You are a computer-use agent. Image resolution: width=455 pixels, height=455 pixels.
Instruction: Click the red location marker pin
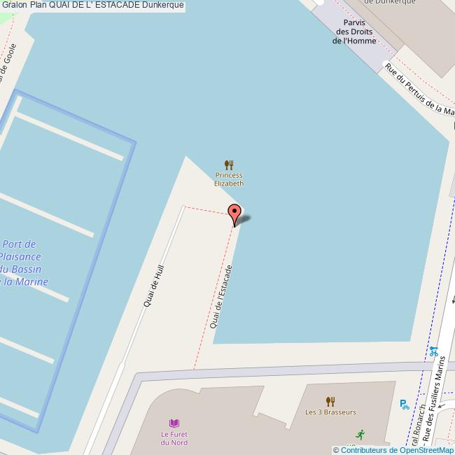tap(234, 213)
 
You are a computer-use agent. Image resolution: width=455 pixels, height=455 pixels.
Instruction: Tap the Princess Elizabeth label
tap(229, 179)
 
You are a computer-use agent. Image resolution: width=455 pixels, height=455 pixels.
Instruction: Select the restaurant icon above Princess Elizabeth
tap(229, 164)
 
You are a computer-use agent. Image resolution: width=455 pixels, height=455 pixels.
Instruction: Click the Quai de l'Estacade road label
tap(221, 297)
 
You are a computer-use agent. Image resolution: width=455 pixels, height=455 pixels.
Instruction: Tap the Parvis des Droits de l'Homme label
tap(354, 31)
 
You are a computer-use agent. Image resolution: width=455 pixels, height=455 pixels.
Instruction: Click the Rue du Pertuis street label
tap(419, 90)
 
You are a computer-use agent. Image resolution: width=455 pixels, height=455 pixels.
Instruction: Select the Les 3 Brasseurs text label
tap(330, 412)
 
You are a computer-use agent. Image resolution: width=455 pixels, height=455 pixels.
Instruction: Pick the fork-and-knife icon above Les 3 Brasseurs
tap(330, 401)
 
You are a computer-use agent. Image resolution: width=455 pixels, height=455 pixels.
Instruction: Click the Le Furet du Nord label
tap(174, 438)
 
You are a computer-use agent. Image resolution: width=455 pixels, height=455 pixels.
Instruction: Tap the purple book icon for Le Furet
tap(174, 423)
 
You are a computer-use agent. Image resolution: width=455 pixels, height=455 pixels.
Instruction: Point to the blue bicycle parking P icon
tap(404, 404)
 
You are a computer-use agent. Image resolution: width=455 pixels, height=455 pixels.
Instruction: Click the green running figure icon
tap(360, 434)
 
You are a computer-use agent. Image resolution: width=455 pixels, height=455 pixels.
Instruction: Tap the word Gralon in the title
tap(14, 5)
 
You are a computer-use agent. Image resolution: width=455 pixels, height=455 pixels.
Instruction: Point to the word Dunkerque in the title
tap(163, 5)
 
